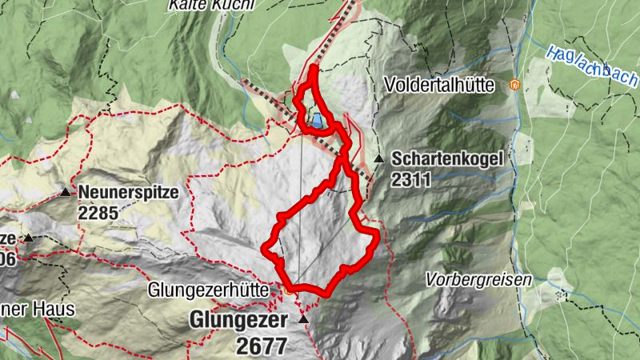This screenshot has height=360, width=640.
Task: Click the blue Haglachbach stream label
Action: (x=592, y=66)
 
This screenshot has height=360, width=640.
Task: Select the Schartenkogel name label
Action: (x=447, y=159)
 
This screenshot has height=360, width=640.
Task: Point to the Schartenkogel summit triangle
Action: (x=378, y=158)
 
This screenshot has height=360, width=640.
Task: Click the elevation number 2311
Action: (x=411, y=180)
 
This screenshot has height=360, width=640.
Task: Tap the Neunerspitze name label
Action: (x=128, y=193)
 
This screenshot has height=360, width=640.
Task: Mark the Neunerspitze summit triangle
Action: (x=65, y=193)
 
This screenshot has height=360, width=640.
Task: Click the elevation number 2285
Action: (x=98, y=213)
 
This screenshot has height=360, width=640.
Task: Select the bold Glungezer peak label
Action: (x=237, y=320)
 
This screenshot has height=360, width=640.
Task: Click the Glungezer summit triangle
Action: (x=303, y=320)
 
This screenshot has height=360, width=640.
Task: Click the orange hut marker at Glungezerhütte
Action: (x=289, y=292)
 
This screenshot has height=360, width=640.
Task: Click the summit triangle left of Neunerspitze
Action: (x=29, y=238)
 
